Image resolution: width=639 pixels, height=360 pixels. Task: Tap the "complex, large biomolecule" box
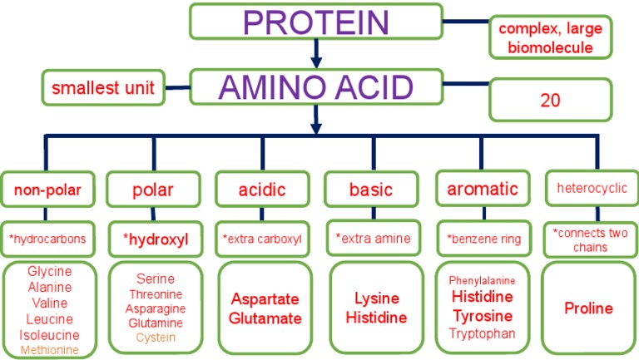pos(551,38)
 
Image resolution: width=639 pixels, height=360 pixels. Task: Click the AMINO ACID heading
pos(315,86)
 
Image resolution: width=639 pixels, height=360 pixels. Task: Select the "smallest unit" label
pos(103,88)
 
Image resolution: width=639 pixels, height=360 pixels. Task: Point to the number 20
pos(551,101)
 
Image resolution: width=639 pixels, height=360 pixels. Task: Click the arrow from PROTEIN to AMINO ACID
pos(315,55)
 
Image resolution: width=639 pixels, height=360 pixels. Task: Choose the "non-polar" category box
pos(47,190)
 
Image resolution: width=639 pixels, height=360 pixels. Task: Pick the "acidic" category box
pos(261,190)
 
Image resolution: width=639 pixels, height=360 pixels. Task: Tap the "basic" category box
pos(371,190)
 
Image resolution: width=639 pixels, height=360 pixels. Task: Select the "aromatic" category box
pos(483,189)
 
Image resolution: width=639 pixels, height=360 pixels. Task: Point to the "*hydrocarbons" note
pos(47,239)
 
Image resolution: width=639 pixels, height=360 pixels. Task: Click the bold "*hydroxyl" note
pos(156,239)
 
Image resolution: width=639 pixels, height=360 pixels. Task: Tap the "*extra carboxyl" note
pos(261,239)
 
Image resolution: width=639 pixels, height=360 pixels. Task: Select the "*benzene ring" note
pos(483,239)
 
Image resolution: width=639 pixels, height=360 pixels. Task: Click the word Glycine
pos(50,272)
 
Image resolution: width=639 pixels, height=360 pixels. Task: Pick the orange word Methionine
pos(50,350)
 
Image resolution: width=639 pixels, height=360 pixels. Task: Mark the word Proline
pos(588,308)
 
